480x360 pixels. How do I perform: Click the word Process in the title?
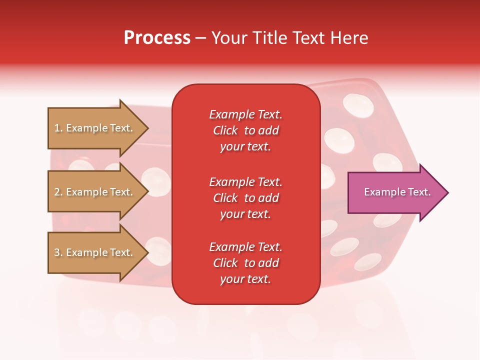pyautogui.click(x=157, y=38)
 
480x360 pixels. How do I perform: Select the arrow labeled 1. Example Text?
pyautogui.click(x=95, y=128)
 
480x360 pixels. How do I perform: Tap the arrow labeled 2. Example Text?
pyautogui.click(x=95, y=192)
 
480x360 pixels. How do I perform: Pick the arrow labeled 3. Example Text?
pyautogui.click(x=95, y=252)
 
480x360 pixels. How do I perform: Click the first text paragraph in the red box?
pyautogui.click(x=245, y=130)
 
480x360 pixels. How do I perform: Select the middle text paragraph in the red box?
pyautogui.click(x=245, y=198)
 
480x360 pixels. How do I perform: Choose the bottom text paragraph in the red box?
pyautogui.click(x=245, y=263)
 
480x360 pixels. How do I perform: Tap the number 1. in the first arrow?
pyautogui.click(x=58, y=128)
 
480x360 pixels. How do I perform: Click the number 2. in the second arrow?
pyautogui.click(x=58, y=192)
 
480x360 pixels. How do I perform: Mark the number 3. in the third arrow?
pyautogui.click(x=58, y=252)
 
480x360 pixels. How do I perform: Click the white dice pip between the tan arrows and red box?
pyautogui.click(x=156, y=179)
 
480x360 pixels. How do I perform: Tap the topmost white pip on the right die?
pyautogui.click(x=358, y=104)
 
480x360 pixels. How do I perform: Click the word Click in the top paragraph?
pyautogui.click(x=225, y=130)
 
